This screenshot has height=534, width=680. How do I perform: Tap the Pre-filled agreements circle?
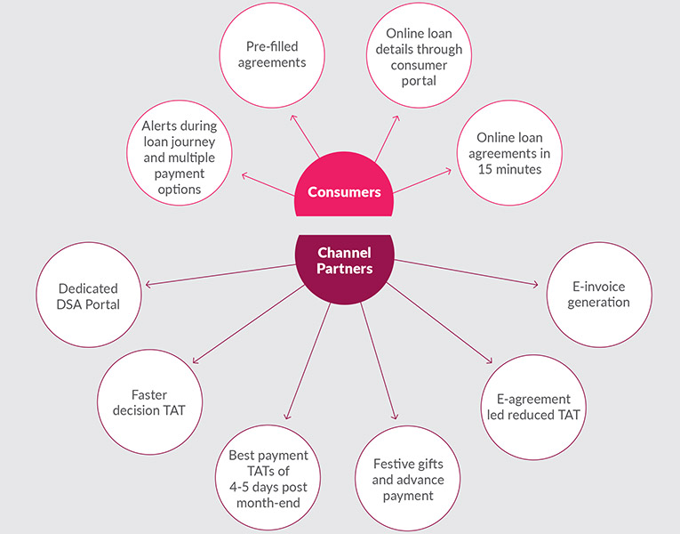pyautogui.click(x=272, y=55)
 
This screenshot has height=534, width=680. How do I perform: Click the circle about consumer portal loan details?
pyautogui.click(x=419, y=55)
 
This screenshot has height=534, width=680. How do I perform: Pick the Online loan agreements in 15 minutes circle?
pyautogui.click(x=509, y=153)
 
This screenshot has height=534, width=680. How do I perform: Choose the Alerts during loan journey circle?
pyautogui.click(x=180, y=153)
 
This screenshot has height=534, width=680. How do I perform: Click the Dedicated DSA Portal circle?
pyautogui.click(x=89, y=295)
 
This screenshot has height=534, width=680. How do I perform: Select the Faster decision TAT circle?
pyautogui.click(x=149, y=402)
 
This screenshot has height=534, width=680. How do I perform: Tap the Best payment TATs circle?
pyautogui.click(x=268, y=478)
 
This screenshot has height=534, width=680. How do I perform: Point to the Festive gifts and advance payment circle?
pyautogui.click(x=408, y=479)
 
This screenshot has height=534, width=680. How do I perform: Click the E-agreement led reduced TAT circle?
pyautogui.click(x=533, y=408)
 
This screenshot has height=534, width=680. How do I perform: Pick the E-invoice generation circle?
pyautogui.click(x=599, y=295)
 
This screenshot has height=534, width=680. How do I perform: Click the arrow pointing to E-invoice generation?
pyautogui.click(x=466, y=272)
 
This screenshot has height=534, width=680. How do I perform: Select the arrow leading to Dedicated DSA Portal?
pyautogui.click(x=220, y=275)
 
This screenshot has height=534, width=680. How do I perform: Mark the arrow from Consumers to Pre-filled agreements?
pyautogui.click(x=305, y=136)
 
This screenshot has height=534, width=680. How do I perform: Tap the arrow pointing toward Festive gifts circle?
pyautogui.click(x=379, y=361)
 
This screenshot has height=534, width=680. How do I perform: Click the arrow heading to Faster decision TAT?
pyautogui.click(x=249, y=324)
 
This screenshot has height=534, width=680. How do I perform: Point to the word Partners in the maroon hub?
pyautogui.click(x=345, y=269)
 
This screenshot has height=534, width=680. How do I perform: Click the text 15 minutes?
pyautogui.click(x=509, y=169)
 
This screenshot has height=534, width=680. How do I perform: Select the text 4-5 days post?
pyautogui.click(x=268, y=487)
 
